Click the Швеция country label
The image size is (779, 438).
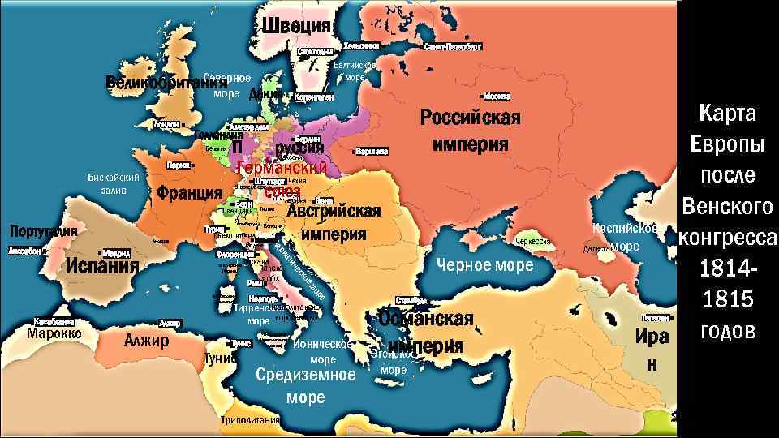tap(297, 25)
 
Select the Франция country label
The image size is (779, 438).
tap(190, 193)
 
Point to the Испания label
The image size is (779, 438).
tap(102, 265)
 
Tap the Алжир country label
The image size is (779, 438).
tap(146, 340)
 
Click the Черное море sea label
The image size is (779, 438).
tap(485, 264)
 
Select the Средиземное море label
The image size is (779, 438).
tap(305, 386)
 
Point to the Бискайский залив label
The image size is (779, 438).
tap(114, 183)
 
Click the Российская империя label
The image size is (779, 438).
tap(470, 131)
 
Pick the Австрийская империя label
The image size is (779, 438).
tap(334, 222)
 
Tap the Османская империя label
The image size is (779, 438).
tap(425, 332)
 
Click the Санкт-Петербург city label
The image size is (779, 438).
tap(453, 47)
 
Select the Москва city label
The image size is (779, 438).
tap(496, 96)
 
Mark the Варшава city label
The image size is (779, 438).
tap(371, 151)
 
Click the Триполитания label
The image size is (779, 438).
tap(250, 420)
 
